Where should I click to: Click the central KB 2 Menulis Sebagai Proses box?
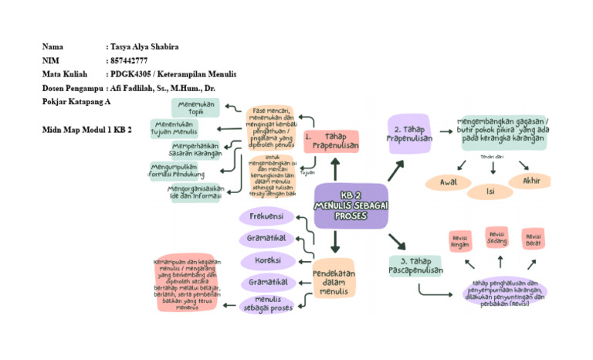[x=351, y=206]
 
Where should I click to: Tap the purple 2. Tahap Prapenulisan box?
[x=408, y=133]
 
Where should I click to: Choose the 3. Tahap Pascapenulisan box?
[x=415, y=266]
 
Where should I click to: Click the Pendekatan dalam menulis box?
[x=334, y=277]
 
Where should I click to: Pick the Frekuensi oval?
[x=266, y=216]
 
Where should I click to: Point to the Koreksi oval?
[x=266, y=260]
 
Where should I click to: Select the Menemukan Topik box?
[x=196, y=107]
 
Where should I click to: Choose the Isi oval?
[x=490, y=191]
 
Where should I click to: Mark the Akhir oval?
[x=530, y=181]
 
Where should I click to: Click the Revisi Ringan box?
[x=460, y=241]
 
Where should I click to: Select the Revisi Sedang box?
[x=496, y=236]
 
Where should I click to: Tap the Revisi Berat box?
[x=532, y=238]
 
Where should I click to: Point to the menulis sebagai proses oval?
[x=267, y=304]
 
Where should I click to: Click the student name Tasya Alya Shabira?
[x=145, y=47]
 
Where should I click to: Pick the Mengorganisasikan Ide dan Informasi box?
[x=196, y=192]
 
